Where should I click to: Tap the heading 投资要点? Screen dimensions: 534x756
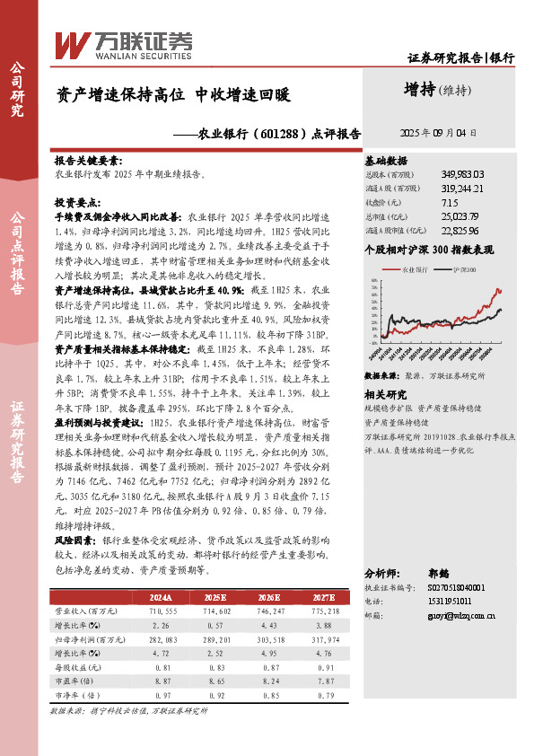(78, 203)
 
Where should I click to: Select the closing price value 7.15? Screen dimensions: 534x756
(450, 202)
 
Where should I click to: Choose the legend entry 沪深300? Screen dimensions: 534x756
(465, 268)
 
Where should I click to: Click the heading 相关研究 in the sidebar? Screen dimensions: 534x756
(385, 394)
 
